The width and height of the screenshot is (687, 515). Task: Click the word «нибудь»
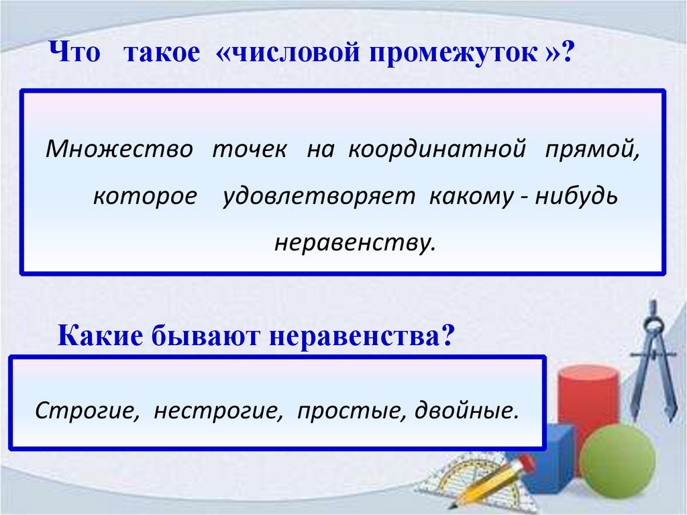coord(577,197)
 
